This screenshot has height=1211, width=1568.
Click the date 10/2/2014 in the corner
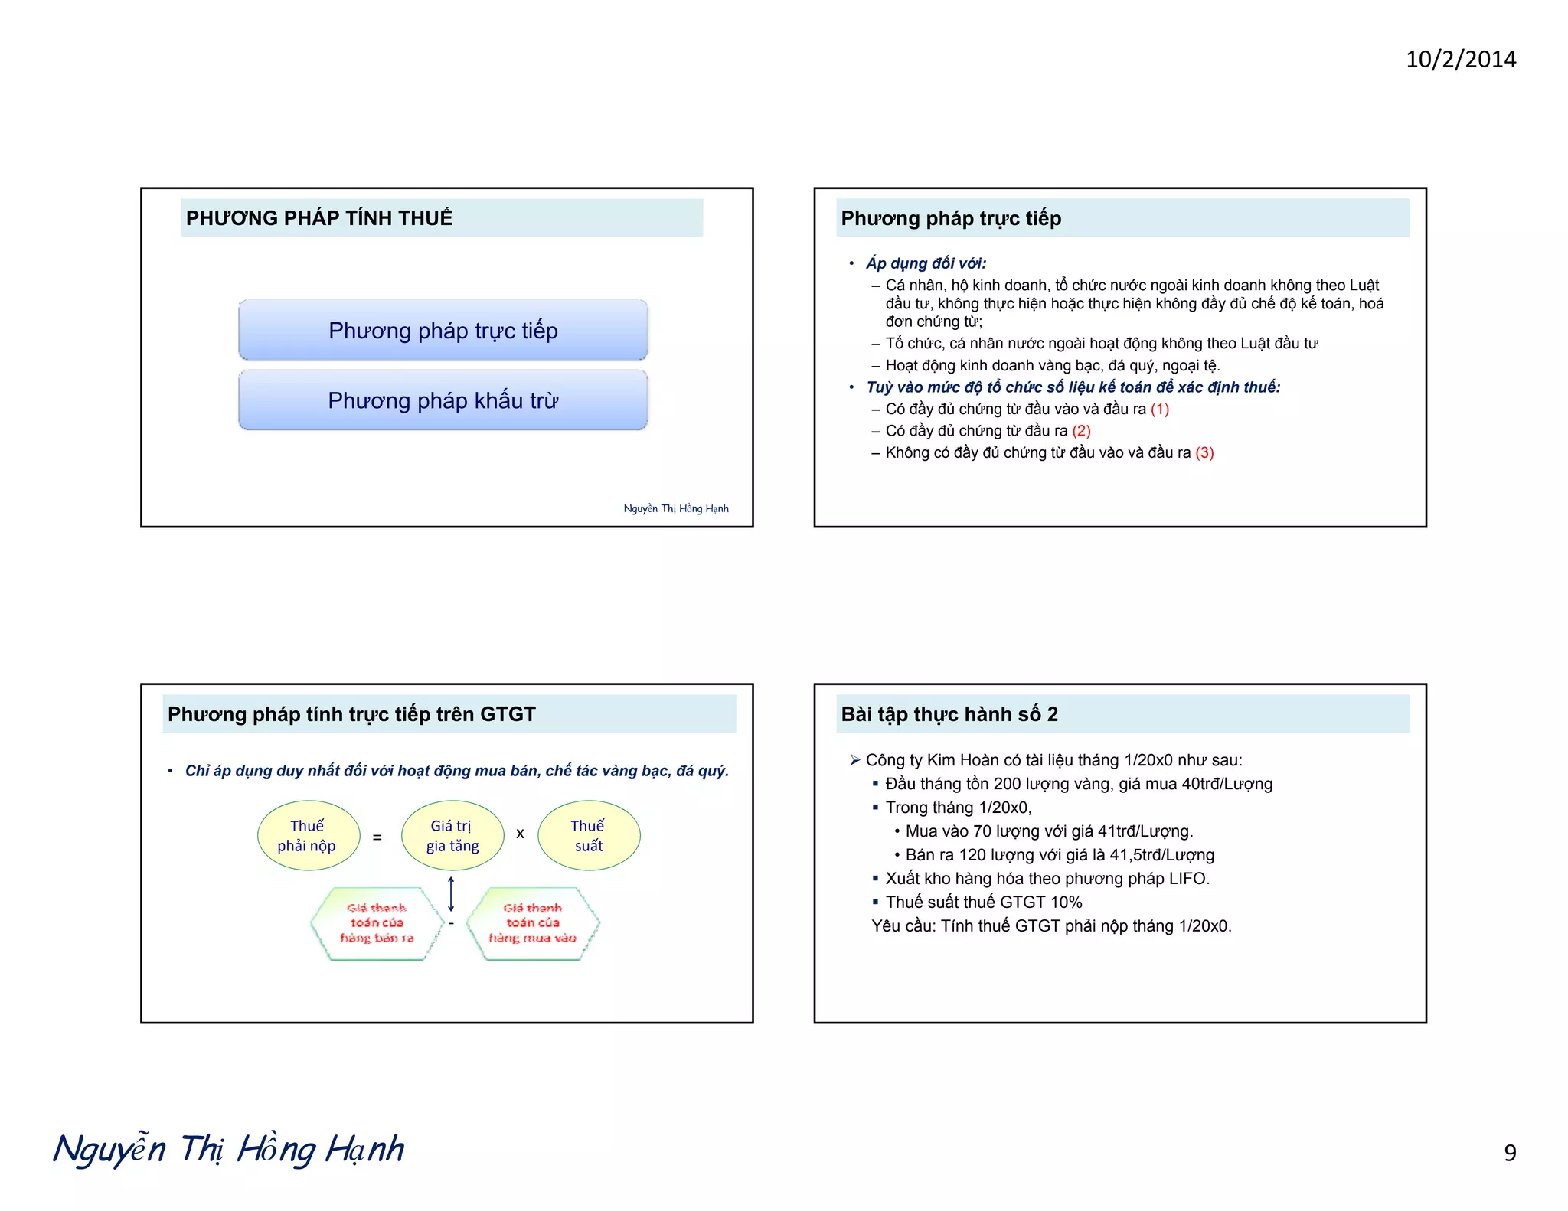click(1460, 60)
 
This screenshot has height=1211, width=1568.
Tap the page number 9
click(1509, 1152)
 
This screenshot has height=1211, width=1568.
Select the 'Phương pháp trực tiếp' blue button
click(443, 330)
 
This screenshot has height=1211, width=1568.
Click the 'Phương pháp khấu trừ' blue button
click(443, 400)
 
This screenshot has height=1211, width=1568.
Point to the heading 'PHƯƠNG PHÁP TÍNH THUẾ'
click(319, 218)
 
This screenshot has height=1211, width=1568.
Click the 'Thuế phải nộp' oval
click(308, 835)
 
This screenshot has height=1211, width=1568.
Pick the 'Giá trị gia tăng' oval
click(452, 835)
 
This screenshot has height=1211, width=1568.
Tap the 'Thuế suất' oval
click(588, 835)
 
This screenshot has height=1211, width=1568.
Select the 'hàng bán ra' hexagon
click(377, 923)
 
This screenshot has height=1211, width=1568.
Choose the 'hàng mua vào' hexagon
click(533, 923)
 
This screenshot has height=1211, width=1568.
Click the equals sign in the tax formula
click(377, 837)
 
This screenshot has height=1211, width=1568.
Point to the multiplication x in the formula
click(520, 834)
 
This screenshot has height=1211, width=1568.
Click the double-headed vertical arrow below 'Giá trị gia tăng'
click(451, 893)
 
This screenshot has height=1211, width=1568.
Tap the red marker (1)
click(1159, 409)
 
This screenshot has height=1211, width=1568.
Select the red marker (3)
click(1204, 452)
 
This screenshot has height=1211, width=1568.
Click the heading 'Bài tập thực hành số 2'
click(949, 714)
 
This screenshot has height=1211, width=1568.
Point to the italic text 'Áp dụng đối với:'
click(926, 263)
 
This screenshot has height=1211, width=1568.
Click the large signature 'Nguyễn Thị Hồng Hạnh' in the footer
click(229, 1150)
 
